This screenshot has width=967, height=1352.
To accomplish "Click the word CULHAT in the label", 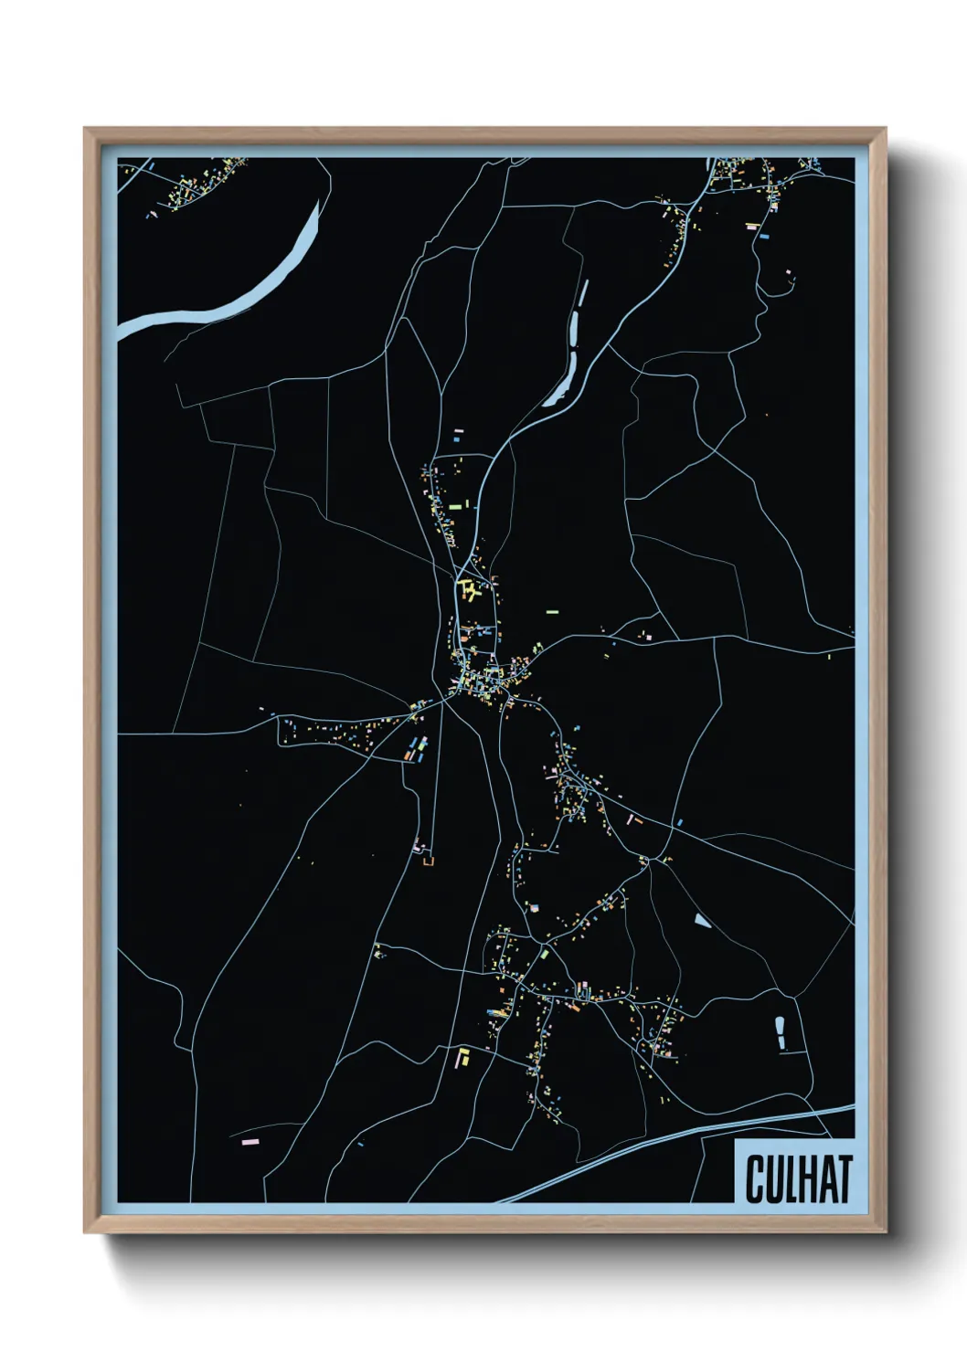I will coord(798,1178).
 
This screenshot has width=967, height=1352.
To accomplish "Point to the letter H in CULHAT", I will coord(803,1178).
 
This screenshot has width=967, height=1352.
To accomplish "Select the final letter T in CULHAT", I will coord(843,1178).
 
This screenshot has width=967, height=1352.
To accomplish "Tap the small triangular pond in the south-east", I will coord(701,920).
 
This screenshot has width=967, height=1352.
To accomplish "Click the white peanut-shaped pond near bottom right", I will coord(780,1032).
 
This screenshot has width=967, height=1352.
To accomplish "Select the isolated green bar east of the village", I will coord(552,611).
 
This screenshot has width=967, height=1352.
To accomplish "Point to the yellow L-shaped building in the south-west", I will coord(462,1058).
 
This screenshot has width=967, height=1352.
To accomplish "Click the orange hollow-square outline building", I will coord(427,861).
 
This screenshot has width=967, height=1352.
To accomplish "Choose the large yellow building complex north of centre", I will coord(468,589).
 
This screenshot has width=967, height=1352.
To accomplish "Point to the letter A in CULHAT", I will coord(824,1178).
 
